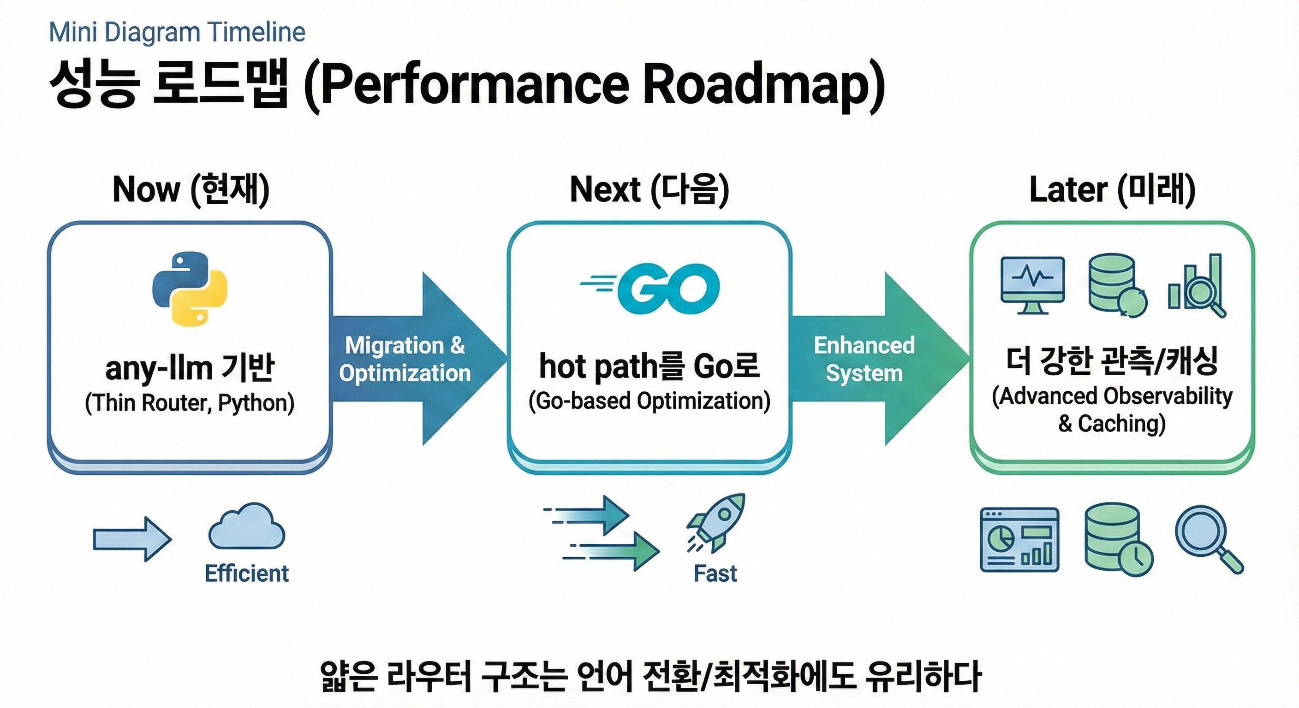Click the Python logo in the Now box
click(x=190, y=289)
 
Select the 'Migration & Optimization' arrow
click(x=413, y=359)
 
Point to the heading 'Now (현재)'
click(x=191, y=189)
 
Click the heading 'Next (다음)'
click(x=649, y=189)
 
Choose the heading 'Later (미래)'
click(x=1112, y=189)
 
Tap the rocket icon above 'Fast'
click(x=716, y=522)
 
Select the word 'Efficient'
click(x=247, y=573)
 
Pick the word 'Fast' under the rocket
click(x=715, y=573)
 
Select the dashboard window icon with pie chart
click(x=1019, y=540)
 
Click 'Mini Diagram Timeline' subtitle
click(x=177, y=32)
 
